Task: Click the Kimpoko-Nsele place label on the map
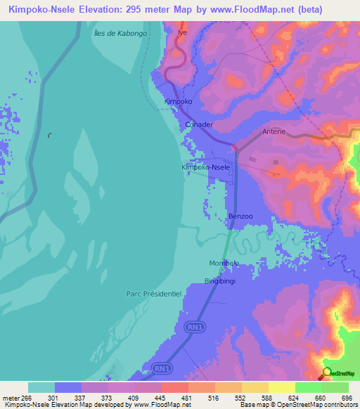click(205, 167)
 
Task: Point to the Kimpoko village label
click(178, 101)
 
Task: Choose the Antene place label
click(274, 131)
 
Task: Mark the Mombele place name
click(224, 263)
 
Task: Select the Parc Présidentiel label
click(154, 293)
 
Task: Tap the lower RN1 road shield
click(161, 368)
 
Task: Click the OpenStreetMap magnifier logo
click(327, 372)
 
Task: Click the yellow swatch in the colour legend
click(281, 387)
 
